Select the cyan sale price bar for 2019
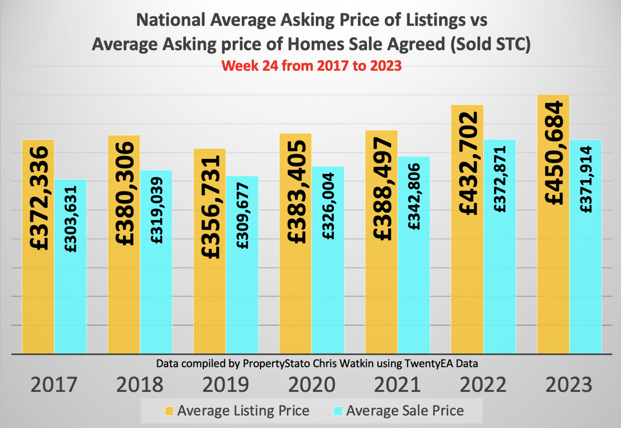(x=242, y=300)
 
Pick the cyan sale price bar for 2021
(x=414, y=292)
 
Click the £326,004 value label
(x=328, y=206)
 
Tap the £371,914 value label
(x=586, y=179)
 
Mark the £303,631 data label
(x=71, y=219)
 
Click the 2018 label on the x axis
(x=140, y=385)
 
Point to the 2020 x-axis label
(x=312, y=385)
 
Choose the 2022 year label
(x=483, y=385)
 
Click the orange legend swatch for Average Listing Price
(x=169, y=411)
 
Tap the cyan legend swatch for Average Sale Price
(x=338, y=411)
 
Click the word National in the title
(x=171, y=20)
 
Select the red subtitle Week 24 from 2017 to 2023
(x=311, y=66)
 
